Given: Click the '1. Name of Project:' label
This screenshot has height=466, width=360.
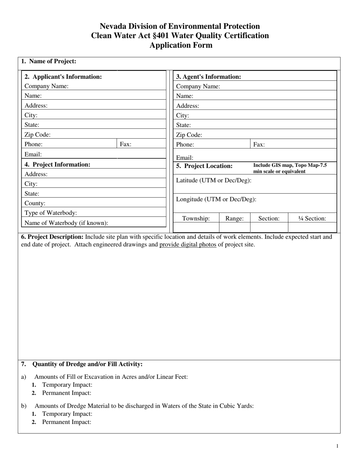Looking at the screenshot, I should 49,61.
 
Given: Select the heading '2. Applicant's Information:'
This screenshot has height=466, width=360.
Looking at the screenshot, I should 63,77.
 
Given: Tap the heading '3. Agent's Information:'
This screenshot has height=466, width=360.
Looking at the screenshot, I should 209,77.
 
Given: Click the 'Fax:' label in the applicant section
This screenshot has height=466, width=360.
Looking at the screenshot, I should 126,144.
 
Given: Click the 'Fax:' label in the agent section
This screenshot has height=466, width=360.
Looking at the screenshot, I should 259,144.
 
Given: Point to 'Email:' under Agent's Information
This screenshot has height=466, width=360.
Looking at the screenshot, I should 185,158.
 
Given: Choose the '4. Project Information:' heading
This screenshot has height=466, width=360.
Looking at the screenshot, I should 58,164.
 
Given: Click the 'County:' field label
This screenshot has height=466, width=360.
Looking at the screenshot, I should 35,203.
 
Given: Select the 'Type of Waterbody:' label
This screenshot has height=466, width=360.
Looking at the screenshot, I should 51,213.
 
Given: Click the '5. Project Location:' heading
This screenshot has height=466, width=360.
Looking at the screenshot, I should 205,166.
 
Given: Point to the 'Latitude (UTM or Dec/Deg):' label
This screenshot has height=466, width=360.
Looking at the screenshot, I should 214,180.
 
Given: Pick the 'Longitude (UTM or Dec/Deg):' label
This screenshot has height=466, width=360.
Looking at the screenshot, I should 216,199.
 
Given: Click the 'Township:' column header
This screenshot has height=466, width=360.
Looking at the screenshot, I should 196,218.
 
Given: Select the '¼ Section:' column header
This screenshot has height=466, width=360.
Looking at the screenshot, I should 312,218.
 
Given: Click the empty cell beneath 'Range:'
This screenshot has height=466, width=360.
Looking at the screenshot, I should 235,227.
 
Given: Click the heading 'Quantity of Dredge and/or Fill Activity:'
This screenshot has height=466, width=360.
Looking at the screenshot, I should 88,364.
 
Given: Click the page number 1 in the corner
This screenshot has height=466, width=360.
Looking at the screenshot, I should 337,446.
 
